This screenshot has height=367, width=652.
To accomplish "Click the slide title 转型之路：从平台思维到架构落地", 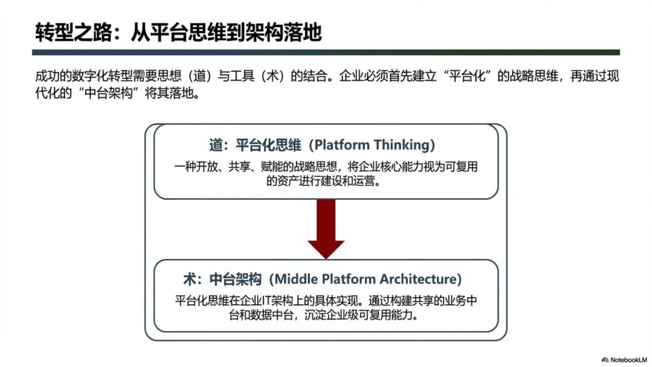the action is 178,31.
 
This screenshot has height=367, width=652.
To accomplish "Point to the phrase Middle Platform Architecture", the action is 366,279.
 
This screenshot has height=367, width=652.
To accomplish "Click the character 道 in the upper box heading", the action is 216,145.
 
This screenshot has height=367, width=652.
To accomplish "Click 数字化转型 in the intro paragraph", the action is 121,78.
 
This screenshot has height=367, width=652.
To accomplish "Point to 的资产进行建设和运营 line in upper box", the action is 325,181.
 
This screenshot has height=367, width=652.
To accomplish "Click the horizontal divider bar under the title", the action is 326,53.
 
